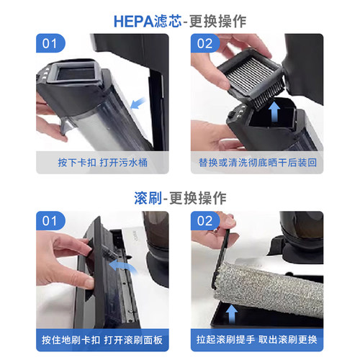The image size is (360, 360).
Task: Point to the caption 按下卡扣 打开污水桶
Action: [x=102, y=163]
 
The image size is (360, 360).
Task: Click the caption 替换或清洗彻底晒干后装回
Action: [x=257, y=163]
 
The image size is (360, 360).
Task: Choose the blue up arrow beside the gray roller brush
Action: [x=232, y=311]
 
